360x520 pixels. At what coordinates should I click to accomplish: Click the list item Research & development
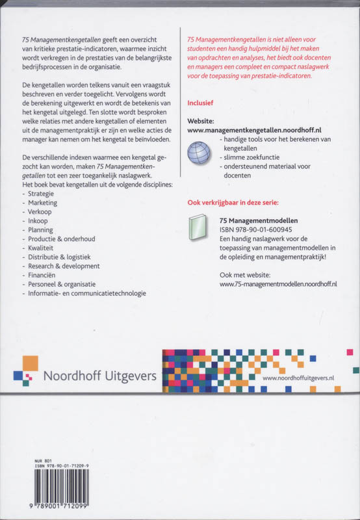tap(64, 266)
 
